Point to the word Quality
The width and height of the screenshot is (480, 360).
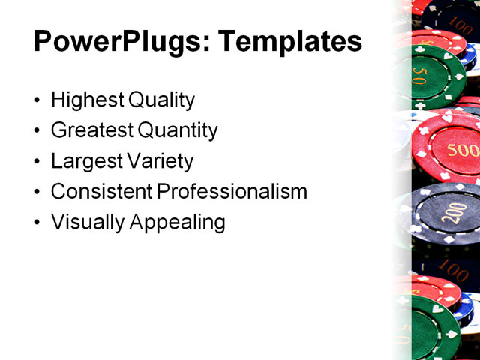[161, 100]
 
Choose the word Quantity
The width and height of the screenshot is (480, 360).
[178, 130]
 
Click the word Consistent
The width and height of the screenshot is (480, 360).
[101, 191]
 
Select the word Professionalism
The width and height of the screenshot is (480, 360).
[232, 191]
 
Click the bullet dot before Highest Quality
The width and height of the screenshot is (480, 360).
[38, 100]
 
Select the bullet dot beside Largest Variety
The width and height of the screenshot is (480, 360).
[38, 162]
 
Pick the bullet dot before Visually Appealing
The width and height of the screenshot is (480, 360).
[38, 223]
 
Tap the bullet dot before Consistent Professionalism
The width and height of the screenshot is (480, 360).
[38, 192]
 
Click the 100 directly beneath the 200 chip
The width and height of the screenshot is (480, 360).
[453, 268]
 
